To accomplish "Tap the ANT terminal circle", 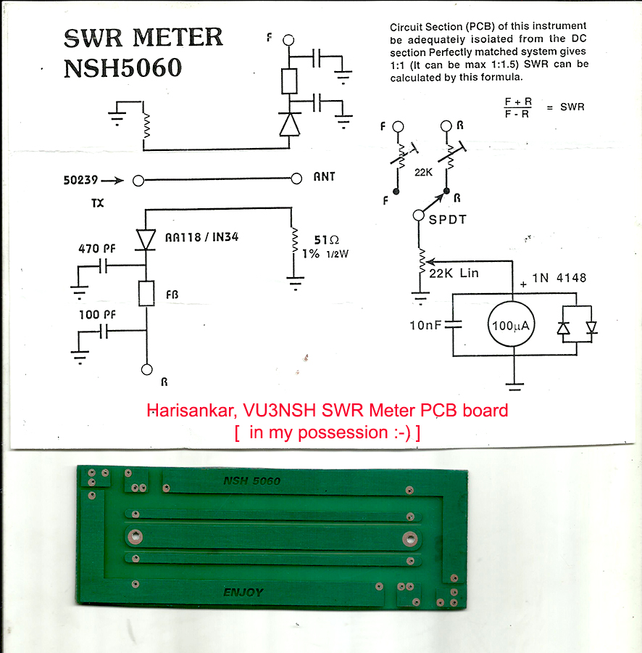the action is [296, 178].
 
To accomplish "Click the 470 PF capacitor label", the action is [97, 249].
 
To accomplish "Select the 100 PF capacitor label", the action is [97, 314].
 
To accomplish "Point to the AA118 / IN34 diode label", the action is [201, 237].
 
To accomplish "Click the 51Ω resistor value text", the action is [326, 240].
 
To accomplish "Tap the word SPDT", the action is [447, 219].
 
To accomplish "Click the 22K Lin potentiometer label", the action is [454, 274].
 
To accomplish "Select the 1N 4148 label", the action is [559, 278].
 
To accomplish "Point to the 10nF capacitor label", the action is [425, 325].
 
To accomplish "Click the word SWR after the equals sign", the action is [572, 107].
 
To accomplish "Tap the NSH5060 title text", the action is [122, 68].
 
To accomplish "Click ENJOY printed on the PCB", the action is [243, 592].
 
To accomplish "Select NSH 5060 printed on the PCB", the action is [251, 481].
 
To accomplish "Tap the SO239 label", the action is [80, 181].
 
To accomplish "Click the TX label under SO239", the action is [98, 203].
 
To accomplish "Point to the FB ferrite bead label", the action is [172, 295].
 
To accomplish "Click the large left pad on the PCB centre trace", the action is [135, 537].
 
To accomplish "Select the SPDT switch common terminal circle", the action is [418, 215].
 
